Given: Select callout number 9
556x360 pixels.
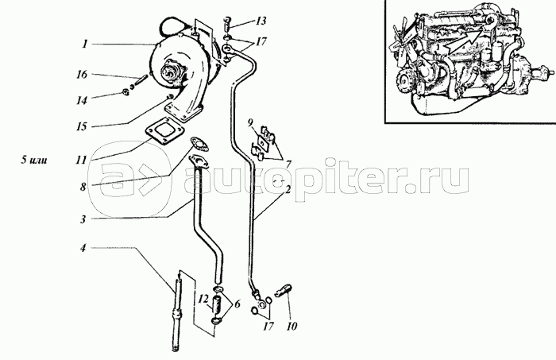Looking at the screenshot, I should click(249, 123).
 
